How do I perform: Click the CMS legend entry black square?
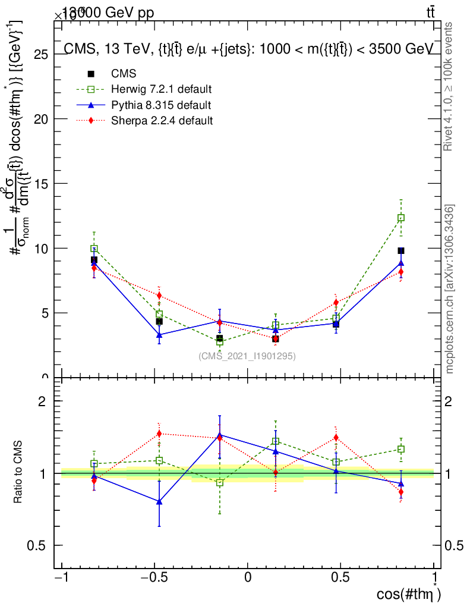[x=91, y=74]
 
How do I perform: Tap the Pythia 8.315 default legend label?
[x=161, y=105]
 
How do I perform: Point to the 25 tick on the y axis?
[x=41, y=54]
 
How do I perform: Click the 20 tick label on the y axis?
[x=41, y=119]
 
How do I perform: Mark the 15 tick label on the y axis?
[x=41, y=184]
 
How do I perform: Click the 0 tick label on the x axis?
[x=248, y=577]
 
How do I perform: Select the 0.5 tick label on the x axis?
[x=340, y=577]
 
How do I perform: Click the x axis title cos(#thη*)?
[x=409, y=594]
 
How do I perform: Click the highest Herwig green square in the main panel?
[x=401, y=218]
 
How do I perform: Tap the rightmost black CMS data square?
[x=401, y=251]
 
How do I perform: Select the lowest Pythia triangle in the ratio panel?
[x=159, y=502]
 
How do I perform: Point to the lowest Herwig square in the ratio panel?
[x=220, y=482]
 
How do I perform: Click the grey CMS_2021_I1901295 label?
[x=247, y=356]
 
